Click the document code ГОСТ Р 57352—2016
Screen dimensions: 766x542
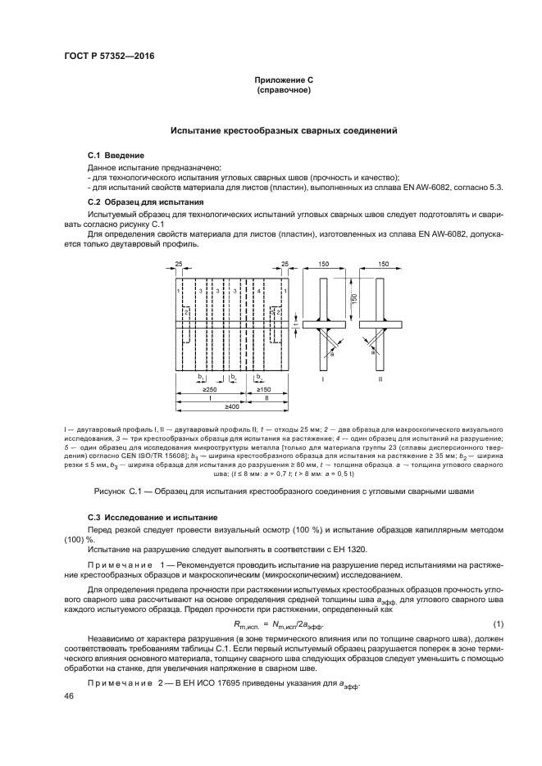point(108,56)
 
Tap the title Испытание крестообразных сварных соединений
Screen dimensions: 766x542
point(283,130)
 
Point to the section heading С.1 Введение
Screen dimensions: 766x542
point(116,155)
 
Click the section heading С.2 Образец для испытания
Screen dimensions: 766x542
point(146,202)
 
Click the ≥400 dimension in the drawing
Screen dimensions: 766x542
point(234,406)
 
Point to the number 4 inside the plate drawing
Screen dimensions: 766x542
point(259,291)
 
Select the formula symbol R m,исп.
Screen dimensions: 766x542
point(238,626)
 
